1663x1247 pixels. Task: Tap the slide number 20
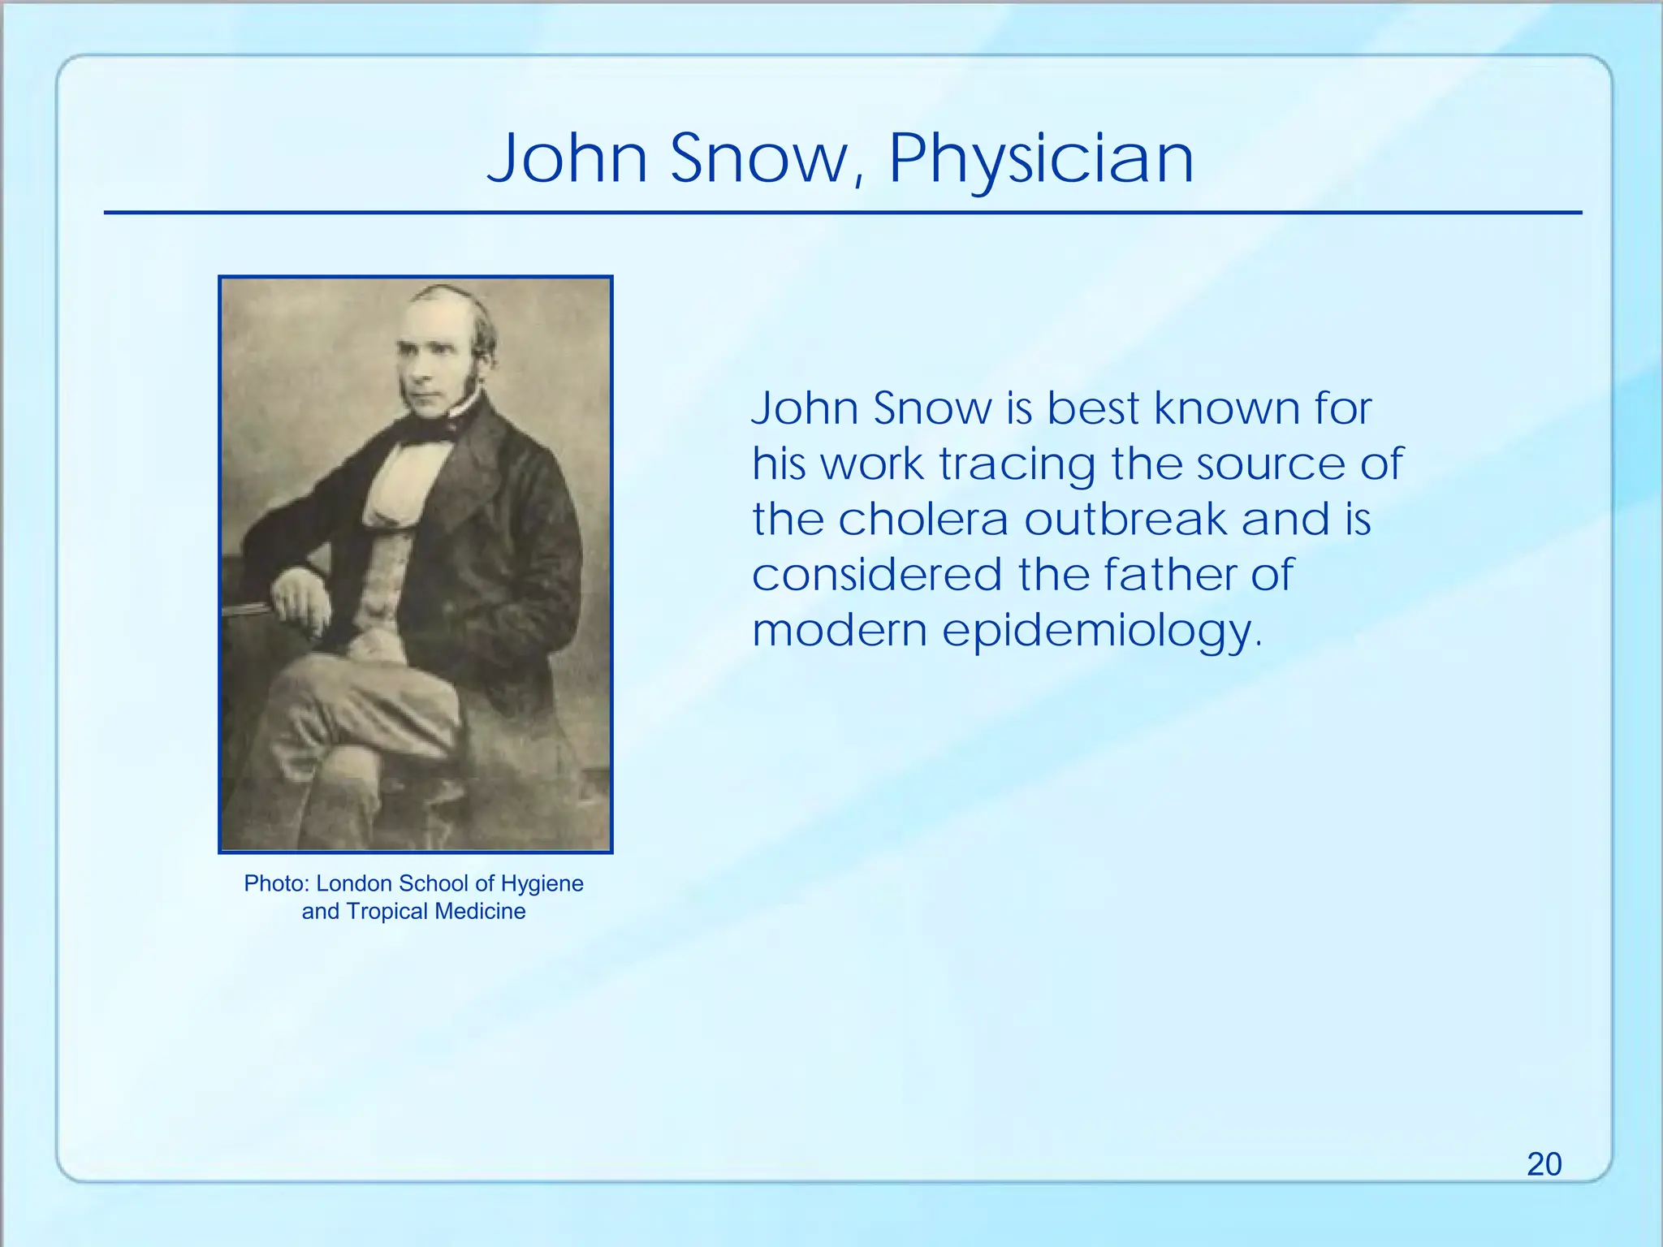1544,1164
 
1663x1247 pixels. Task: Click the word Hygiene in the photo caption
542,883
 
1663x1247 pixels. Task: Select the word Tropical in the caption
387,911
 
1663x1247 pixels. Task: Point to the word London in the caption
354,883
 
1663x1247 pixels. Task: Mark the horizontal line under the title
843,213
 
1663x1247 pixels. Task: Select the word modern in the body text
840,631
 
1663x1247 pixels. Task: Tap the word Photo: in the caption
277,883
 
